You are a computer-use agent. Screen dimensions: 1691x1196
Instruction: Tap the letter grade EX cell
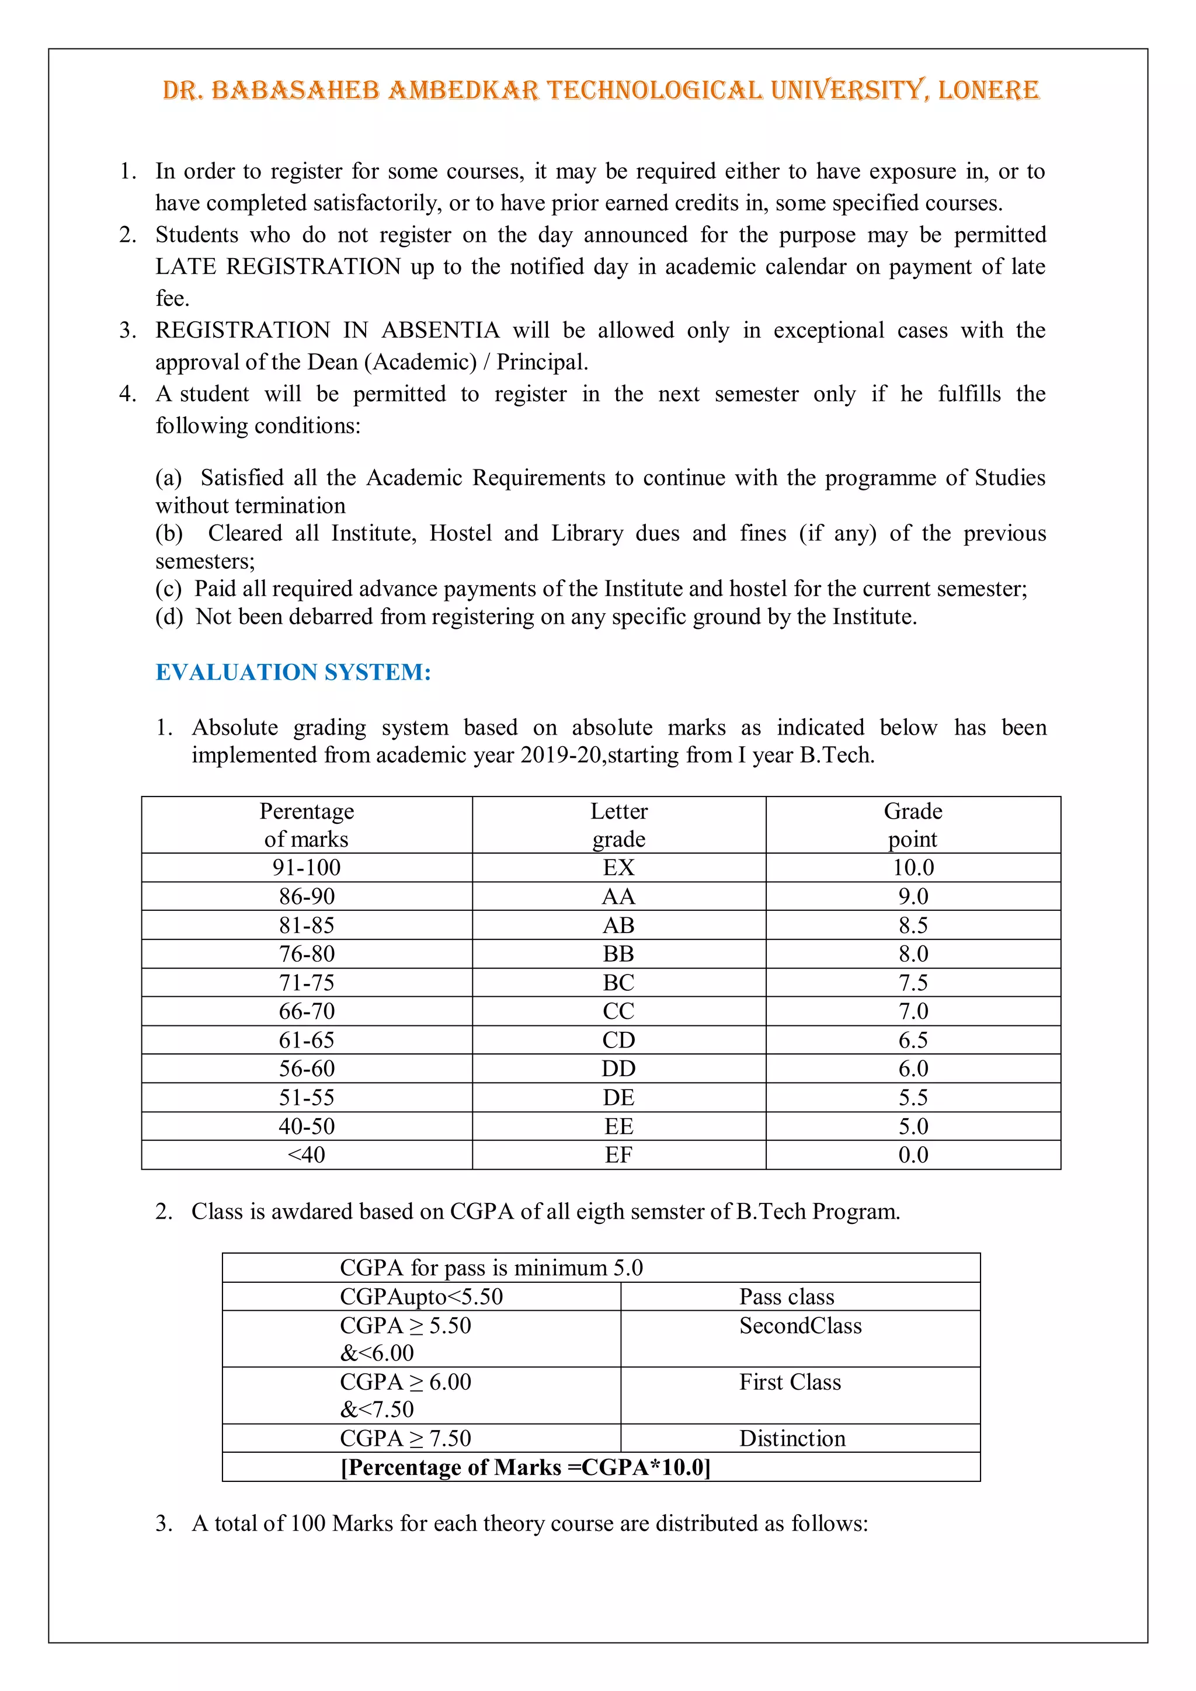618,868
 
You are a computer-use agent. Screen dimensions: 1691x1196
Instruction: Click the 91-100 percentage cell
307,868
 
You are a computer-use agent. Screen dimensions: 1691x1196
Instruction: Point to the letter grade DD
618,1069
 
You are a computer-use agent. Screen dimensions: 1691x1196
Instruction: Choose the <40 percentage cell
307,1155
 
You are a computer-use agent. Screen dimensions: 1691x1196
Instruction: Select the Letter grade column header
618,825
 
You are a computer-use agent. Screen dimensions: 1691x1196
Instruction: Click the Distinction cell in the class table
792,1438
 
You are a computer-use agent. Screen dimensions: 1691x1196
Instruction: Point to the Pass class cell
787,1296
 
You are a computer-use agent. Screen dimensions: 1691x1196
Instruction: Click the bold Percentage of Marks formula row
525,1467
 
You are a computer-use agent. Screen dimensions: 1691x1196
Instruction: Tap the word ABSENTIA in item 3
440,330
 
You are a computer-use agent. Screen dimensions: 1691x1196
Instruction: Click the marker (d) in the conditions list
169,617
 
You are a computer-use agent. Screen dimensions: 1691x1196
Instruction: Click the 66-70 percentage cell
307,1011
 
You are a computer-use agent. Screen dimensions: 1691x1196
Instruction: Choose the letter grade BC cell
618,983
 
